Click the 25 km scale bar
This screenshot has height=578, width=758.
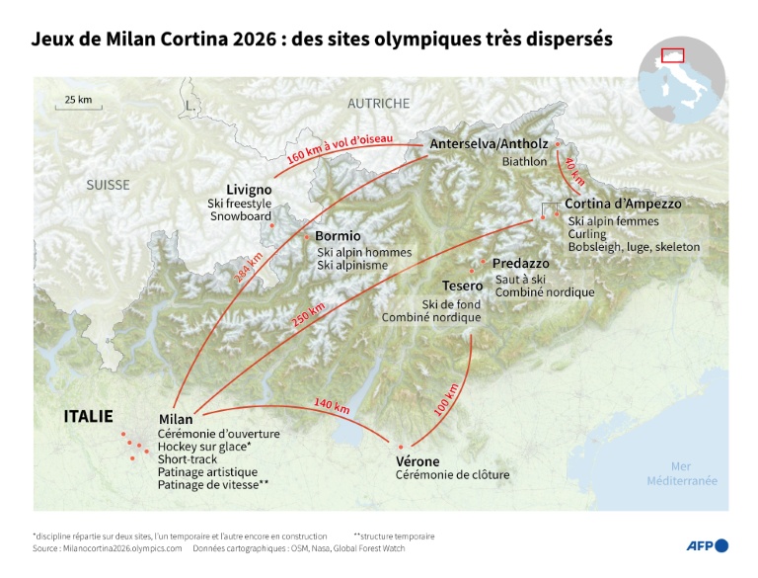(x=77, y=104)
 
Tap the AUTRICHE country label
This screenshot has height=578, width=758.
(x=378, y=103)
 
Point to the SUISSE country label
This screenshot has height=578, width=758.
(x=108, y=185)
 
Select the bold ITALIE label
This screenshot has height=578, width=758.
(x=89, y=416)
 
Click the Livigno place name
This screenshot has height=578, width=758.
(x=249, y=190)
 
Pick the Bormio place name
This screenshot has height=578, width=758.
(x=338, y=236)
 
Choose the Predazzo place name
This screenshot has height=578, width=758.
(x=522, y=264)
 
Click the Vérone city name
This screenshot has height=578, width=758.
(x=417, y=461)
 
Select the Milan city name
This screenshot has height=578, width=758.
(x=176, y=419)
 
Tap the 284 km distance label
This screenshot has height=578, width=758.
(x=249, y=268)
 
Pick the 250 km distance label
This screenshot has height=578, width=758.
(x=308, y=317)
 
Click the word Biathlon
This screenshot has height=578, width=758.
(x=524, y=161)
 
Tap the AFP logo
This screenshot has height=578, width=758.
(x=707, y=545)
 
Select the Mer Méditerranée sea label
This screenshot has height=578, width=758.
(x=681, y=473)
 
